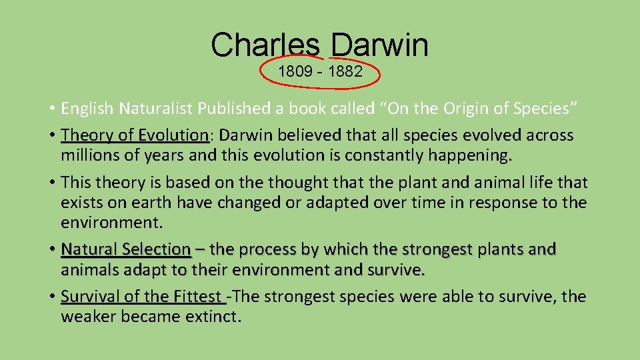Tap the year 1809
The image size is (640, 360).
click(295, 72)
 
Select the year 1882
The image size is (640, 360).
click(345, 72)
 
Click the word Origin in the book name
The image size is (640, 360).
click(465, 108)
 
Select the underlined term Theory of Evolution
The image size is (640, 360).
click(135, 135)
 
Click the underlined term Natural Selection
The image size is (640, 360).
click(126, 249)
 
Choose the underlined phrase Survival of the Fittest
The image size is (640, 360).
click(142, 297)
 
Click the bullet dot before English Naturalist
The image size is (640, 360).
click(51, 108)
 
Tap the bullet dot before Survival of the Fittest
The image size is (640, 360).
click(51, 297)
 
